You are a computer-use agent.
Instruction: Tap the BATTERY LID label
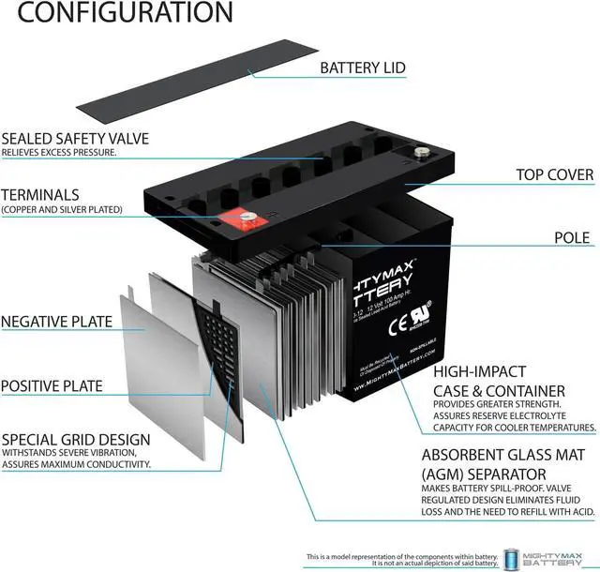(x=364, y=68)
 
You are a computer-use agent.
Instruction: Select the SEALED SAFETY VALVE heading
(x=75, y=138)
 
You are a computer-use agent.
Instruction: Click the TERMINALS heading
(x=40, y=194)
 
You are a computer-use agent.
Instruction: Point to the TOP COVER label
(x=555, y=174)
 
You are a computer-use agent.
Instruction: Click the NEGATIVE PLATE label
(x=56, y=322)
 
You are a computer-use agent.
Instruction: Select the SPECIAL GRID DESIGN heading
(x=76, y=439)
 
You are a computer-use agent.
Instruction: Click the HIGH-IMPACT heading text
(x=479, y=371)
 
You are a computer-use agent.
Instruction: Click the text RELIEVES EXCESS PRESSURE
(x=59, y=152)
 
